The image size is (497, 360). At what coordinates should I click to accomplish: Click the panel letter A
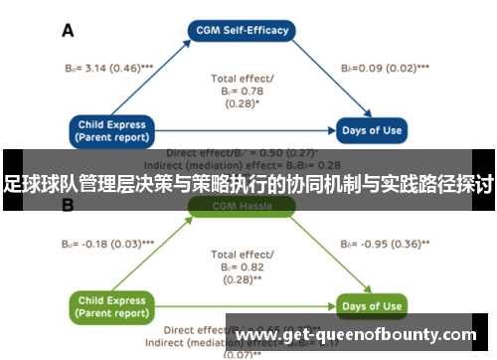click(x=68, y=31)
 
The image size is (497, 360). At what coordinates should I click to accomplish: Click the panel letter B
click(x=68, y=206)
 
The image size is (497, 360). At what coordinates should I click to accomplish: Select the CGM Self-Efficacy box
click(x=242, y=30)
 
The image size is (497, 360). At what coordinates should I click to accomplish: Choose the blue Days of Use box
click(x=371, y=131)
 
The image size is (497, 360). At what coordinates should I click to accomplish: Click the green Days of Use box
click(x=371, y=305)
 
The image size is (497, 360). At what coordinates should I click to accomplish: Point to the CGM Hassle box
click(x=242, y=206)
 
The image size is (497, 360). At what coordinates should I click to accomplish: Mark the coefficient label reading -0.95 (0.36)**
click(x=385, y=244)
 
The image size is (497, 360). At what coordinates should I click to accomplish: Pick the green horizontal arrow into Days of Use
click(x=248, y=305)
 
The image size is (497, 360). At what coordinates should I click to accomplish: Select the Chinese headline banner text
click(x=248, y=184)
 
